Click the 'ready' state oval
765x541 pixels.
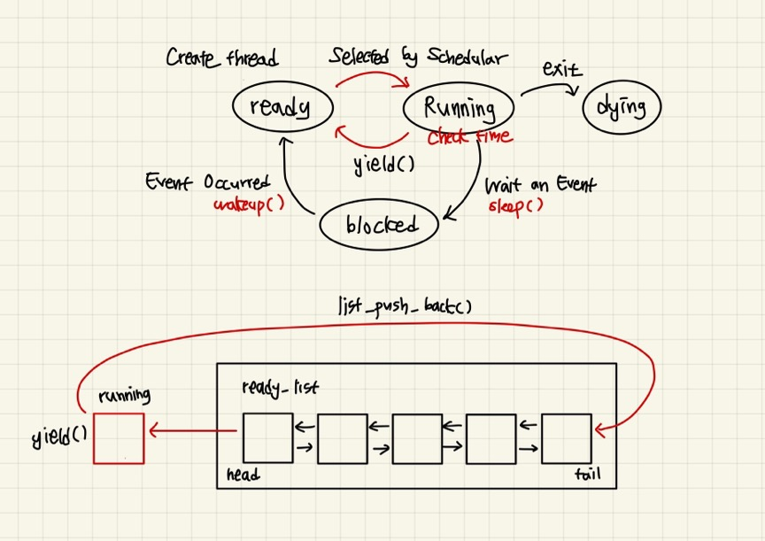282,107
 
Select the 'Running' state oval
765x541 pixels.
459,108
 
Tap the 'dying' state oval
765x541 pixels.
622,108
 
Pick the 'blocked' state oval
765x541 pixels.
380,225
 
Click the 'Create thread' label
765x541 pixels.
221,59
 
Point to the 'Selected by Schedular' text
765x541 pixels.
418,58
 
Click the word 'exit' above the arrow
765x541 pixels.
562,70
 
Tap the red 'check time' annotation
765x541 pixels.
469,137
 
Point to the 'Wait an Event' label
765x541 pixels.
540,185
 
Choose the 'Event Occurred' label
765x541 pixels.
208,183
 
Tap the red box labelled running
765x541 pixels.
118,437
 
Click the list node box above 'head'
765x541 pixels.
267,437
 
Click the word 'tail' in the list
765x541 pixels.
586,475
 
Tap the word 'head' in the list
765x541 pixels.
243,475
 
